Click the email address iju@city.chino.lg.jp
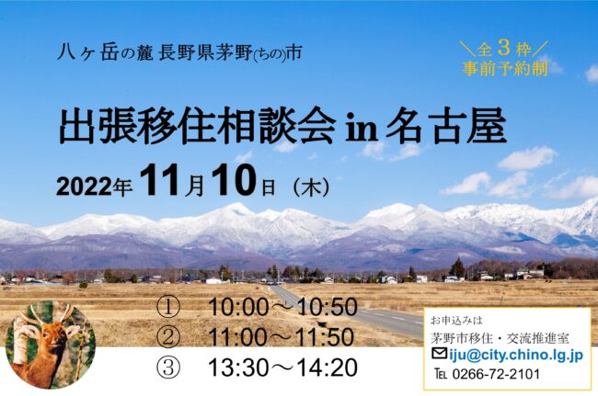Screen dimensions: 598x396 click(516, 356)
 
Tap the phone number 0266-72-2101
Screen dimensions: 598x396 click(496, 374)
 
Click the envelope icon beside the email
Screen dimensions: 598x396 click(440, 354)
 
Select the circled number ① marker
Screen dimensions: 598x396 click(167, 308)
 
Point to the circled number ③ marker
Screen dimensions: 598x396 click(167, 368)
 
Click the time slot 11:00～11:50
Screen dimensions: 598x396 click(282, 337)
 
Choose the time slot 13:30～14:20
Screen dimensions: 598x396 click(282, 368)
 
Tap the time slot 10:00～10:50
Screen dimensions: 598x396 click(282, 308)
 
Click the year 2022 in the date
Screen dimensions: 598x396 click(85, 187)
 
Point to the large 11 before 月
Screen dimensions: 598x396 click(160, 180)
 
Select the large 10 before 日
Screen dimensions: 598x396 click(235, 180)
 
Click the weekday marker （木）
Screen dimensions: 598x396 click(312, 187)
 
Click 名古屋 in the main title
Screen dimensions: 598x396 click(446, 127)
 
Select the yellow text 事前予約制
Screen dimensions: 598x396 click(505, 69)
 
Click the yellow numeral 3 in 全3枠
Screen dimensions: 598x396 click(504, 48)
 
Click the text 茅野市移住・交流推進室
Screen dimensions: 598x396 click(500, 338)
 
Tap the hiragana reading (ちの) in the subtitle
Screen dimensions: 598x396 click(270, 55)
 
